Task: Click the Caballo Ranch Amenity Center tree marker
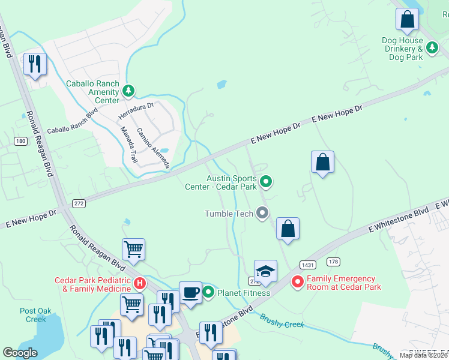click(x=128, y=91)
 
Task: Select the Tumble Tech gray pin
click(x=262, y=213)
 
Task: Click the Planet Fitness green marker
click(x=208, y=292)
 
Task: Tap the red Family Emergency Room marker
click(x=297, y=281)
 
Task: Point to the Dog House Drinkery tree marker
click(x=431, y=47)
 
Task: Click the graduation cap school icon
click(x=265, y=272)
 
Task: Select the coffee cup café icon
click(x=190, y=293)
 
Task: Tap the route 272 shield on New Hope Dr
click(x=79, y=203)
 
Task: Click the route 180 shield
click(x=21, y=141)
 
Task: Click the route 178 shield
click(x=334, y=262)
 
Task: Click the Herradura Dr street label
click(x=136, y=109)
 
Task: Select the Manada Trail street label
click(x=129, y=145)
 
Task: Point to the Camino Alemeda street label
click(x=153, y=148)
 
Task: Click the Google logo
click(x=20, y=353)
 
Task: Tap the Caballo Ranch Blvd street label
click(x=72, y=122)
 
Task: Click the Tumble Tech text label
click(x=229, y=214)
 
